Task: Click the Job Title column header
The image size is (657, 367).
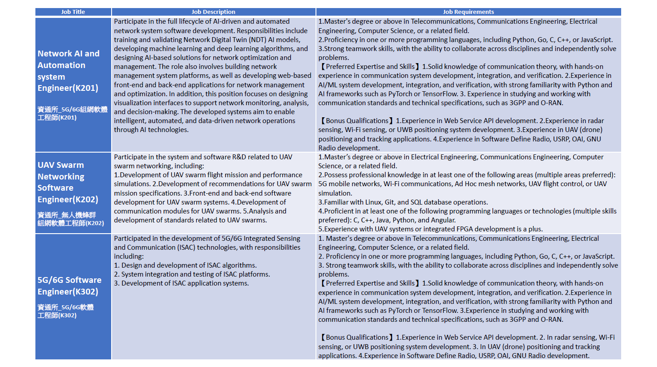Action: (73, 12)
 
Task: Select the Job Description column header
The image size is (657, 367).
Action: (213, 12)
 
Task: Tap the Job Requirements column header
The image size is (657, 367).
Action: (468, 12)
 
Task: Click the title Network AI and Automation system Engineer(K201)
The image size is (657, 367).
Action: (68, 71)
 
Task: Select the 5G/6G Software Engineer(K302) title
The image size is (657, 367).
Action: (69, 286)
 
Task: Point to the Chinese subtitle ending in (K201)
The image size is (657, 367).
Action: (72, 113)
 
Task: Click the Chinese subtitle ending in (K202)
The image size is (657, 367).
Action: (70, 219)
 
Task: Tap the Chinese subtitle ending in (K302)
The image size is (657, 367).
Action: (65, 311)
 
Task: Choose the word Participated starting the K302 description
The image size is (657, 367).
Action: (132, 239)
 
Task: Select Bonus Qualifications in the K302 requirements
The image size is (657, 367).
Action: (357, 337)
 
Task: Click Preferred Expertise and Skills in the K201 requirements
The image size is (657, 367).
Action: (370, 67)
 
